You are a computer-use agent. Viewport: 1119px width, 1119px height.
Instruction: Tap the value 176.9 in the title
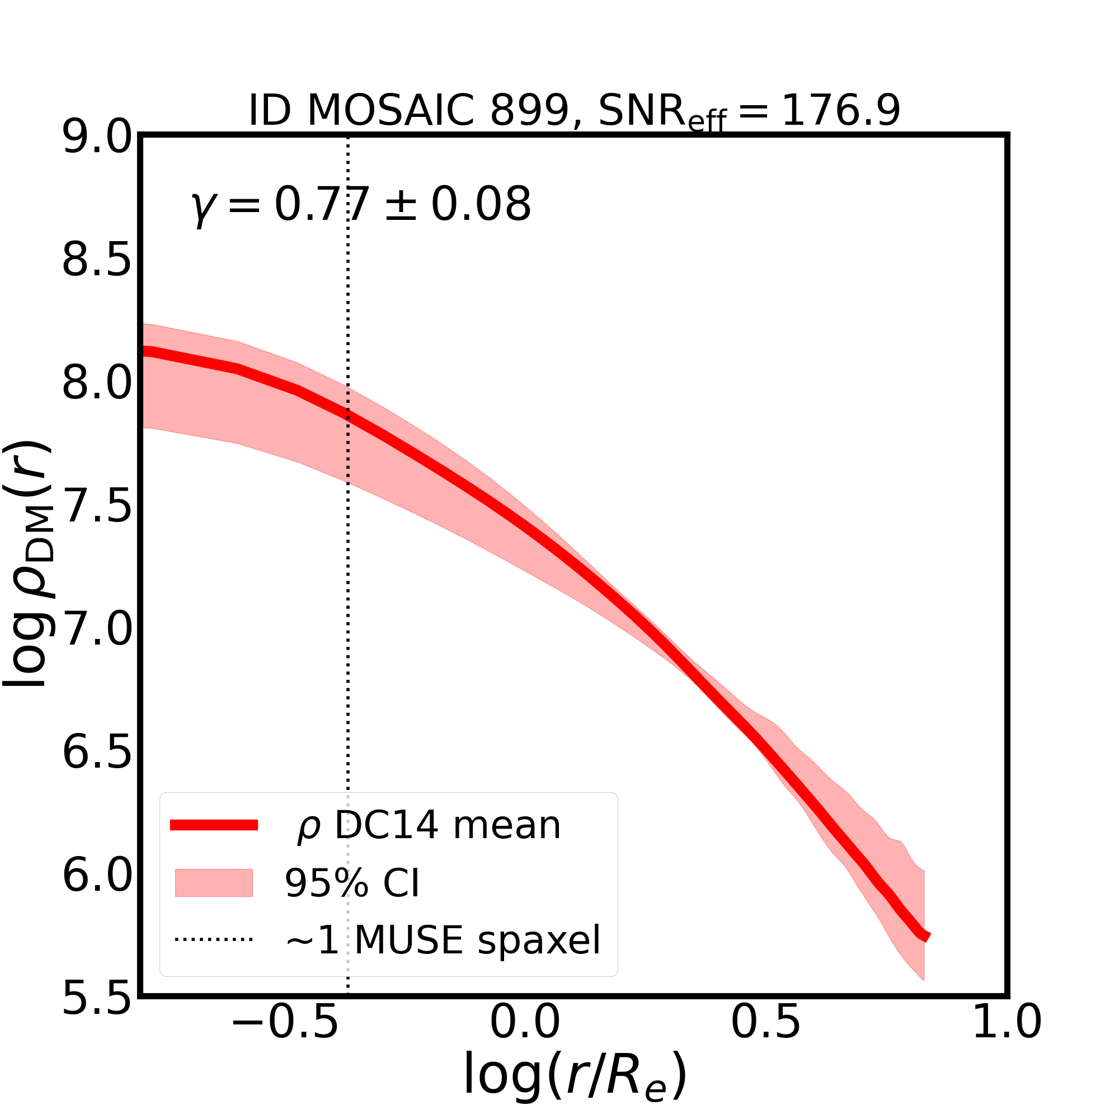click(x=840, y=110)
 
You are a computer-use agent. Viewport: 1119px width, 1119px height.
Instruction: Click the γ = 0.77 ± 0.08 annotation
click(x=361, y=205)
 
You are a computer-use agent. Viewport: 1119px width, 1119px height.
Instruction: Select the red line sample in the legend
click(x=214, y=825)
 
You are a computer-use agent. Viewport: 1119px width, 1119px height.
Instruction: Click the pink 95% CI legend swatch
click(x=214, y=883)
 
